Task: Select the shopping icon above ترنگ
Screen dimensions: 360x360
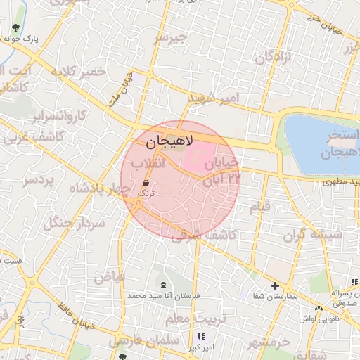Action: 146,181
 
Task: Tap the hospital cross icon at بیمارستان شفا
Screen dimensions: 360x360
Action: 276,286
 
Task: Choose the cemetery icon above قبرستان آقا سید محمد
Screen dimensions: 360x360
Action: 164,285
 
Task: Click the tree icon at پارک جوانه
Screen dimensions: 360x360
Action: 15,28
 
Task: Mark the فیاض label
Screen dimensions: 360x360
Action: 110,276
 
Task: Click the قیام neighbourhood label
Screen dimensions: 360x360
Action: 260,207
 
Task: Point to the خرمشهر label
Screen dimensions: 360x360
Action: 269,344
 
